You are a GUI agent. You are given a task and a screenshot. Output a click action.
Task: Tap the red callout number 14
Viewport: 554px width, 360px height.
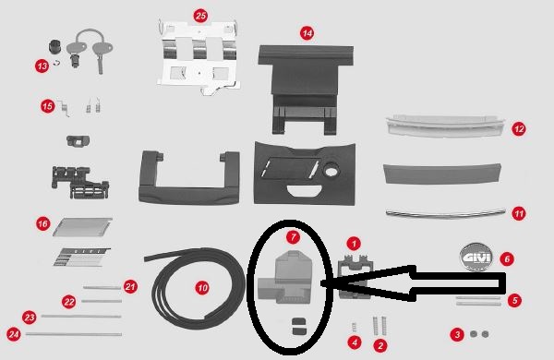[307, 31]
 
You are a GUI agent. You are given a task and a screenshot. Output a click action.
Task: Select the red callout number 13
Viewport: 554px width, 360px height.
[42, 66]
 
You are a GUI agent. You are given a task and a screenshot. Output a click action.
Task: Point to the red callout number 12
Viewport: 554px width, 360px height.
[519, 129]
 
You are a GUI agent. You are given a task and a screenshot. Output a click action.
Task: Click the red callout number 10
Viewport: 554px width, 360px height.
[203, 287]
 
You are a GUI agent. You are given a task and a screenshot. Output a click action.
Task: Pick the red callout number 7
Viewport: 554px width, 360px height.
[293, 236]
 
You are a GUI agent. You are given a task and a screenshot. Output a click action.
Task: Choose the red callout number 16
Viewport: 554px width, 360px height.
[42, 223]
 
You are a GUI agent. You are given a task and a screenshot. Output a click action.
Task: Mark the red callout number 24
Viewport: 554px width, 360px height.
[13, 333]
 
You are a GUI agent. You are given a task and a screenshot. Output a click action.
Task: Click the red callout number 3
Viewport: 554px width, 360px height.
[456, 333]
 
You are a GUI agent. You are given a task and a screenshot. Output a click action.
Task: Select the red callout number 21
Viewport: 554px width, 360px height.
[130, 286]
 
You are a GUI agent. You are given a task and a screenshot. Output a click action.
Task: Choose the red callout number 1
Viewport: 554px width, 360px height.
[354, 244]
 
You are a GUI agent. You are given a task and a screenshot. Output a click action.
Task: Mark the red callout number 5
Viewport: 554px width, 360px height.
[515, 299]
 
